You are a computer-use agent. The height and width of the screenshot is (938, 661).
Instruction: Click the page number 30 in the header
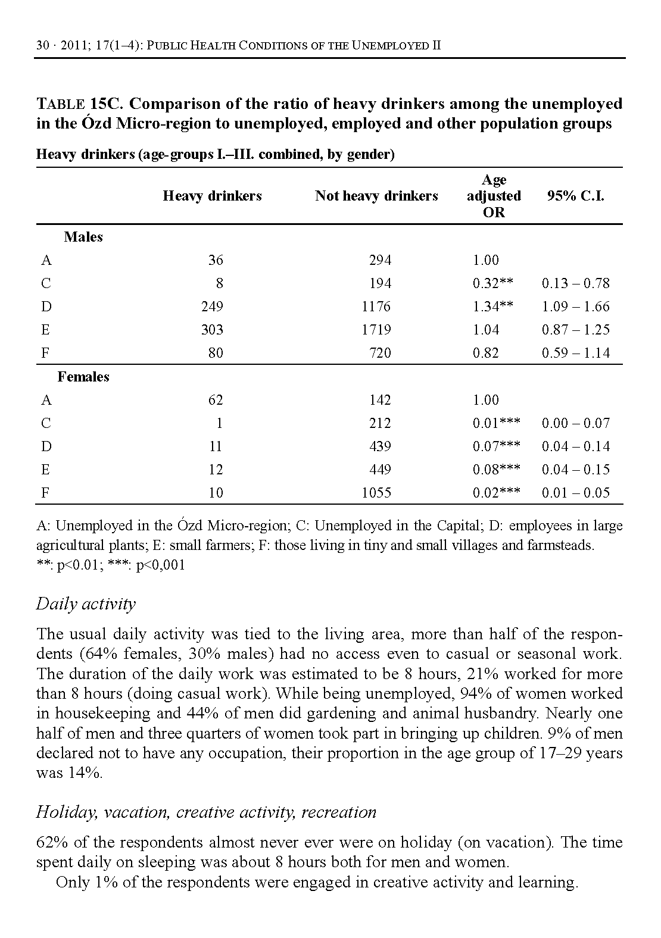pos(42,46)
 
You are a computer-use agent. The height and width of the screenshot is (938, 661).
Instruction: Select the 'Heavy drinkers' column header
pos(212,196)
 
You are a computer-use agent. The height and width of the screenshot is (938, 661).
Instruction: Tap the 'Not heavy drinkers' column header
pos(376,196)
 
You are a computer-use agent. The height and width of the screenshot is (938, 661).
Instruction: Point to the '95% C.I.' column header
pos(575,196)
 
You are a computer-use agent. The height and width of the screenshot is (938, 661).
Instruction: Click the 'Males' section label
pos(83,237)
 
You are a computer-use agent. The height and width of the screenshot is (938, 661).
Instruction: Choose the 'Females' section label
pos(83,377)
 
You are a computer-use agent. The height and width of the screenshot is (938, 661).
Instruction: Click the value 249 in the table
pos(212,307)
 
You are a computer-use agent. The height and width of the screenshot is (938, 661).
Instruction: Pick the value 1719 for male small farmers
pos(376,330)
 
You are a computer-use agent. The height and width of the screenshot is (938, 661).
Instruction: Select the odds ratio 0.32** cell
pos(493,283)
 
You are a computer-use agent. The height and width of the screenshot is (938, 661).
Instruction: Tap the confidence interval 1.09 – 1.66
pos(575,307)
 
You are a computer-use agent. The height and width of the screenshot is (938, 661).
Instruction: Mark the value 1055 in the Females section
pos(376,493)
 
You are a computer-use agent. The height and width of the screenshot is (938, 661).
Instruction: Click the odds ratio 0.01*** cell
pos(496,423)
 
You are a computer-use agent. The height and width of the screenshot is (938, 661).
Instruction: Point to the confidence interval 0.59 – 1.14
pos(575,353)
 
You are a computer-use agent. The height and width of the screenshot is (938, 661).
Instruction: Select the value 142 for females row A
pos(380,400)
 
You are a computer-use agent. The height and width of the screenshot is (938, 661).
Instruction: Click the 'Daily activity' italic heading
pos(86,604)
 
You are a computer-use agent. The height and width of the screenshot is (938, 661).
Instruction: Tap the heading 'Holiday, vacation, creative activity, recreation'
pos(206,812)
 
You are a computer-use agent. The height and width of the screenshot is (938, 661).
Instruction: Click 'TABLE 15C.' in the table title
pos(80,104)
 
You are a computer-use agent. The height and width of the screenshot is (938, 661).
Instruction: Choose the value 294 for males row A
pos(380,260)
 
